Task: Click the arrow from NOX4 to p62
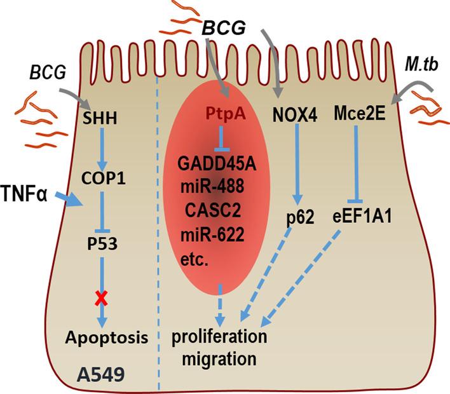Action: [296, 161]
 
